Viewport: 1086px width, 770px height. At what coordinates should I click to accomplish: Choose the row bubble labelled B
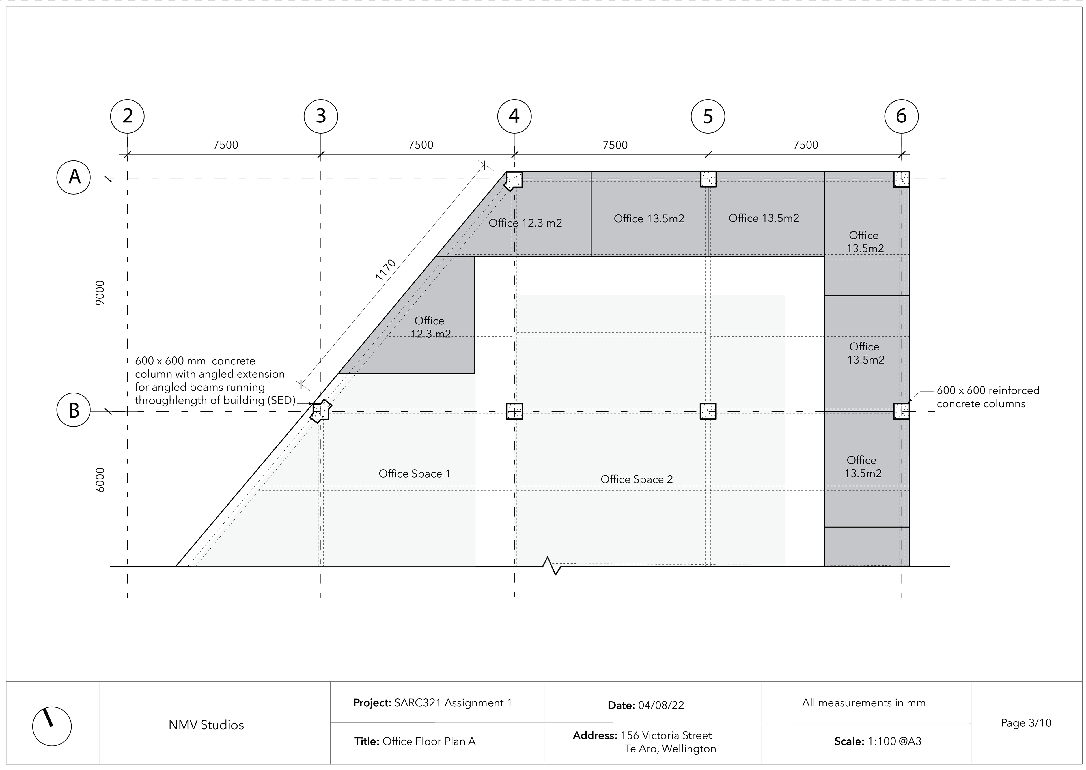pos(74,410)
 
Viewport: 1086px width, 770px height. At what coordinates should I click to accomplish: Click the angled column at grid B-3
pos(320,411)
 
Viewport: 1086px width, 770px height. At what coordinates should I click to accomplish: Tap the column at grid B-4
pos(514,411)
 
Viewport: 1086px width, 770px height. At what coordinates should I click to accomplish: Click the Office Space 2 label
pos(637,479)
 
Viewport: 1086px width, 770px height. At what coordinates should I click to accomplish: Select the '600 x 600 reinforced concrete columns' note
pos(988,397)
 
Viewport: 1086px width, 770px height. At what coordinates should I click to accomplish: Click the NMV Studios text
pos(206,725)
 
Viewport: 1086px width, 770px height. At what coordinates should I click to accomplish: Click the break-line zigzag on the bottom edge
pos(552,566)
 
